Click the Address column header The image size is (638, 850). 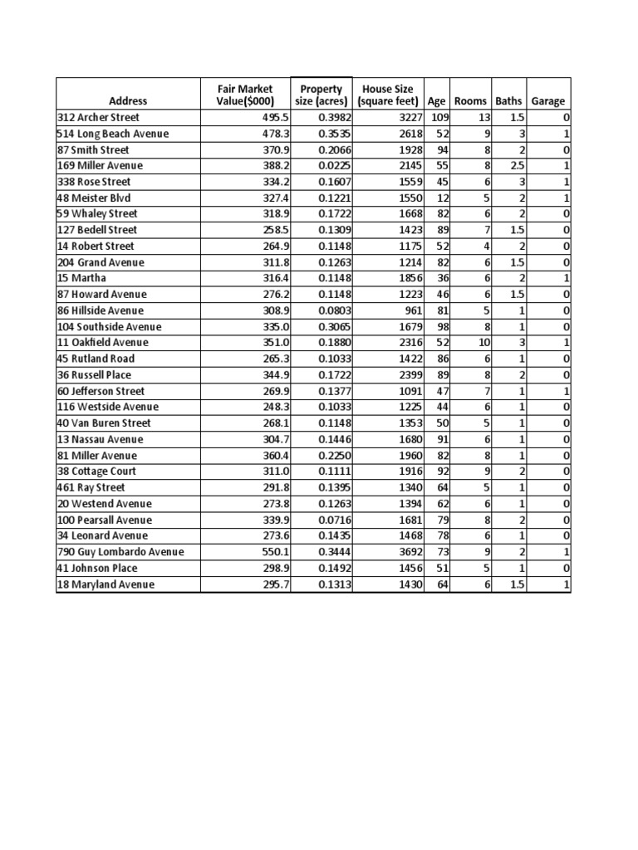[127, 101]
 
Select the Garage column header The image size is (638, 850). [547, 101]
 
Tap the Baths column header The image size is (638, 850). [508, 101]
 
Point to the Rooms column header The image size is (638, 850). [470, 101]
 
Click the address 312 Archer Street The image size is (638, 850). [98, 118]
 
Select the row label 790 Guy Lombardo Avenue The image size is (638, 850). [120, 552]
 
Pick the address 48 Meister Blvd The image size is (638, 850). [94, 198]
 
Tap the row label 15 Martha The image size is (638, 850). [76, 278]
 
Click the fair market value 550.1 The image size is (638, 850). [273, 552]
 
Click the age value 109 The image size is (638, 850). [439, 118]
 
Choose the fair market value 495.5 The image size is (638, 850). [273, 118]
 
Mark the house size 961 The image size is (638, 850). [411, 310]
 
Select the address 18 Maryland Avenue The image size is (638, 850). [106, 584]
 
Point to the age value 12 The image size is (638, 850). [443, 198]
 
